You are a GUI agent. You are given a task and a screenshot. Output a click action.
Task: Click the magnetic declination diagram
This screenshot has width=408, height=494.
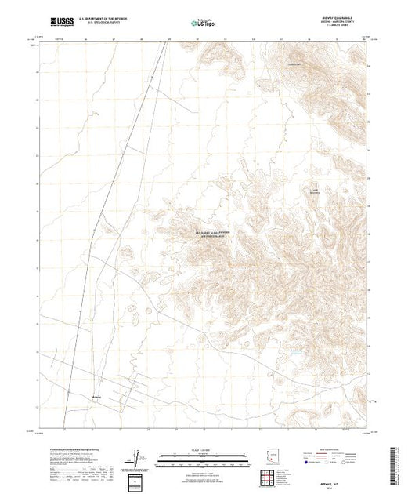(137, 457)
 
